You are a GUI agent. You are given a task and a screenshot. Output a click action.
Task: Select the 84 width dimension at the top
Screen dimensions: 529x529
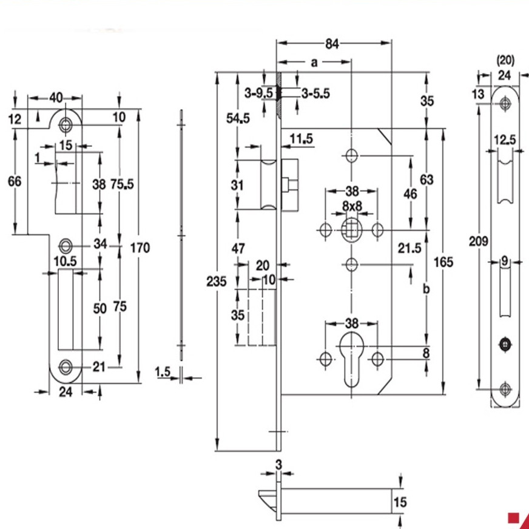(x=331, y=43)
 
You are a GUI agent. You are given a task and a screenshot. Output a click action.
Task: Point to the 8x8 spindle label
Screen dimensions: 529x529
(x=351, y=206)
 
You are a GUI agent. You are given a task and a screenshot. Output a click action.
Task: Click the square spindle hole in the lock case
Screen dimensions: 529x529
(x=351, y=229)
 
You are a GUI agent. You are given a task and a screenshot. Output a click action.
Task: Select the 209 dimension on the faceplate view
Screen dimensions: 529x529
(x=479, y=241)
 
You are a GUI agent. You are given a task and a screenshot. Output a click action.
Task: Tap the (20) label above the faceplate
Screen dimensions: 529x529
(x=505, y=60)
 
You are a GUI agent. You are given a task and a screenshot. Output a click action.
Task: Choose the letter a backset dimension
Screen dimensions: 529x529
(x=314, y=62)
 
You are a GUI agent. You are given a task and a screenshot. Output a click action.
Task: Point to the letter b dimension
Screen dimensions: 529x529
(x=426, y=289)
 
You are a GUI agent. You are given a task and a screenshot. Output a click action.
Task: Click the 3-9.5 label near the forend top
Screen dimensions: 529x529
(x=257, y=93)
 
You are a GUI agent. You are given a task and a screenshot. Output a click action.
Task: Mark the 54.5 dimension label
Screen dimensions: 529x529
(x=238, y=119)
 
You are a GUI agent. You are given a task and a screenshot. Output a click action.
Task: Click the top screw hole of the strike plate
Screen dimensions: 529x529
(x=65, y=125)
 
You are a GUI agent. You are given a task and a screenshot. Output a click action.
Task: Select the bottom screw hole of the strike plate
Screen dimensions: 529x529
(x=65, y=366)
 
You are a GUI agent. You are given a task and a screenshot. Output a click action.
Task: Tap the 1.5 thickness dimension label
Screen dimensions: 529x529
(x=163, y=371)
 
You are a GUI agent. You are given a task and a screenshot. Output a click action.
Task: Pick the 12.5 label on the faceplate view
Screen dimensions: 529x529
(x=505, y=140)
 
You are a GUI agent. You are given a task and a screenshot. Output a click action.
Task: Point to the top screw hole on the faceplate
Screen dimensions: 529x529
(x=504, y=104)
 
